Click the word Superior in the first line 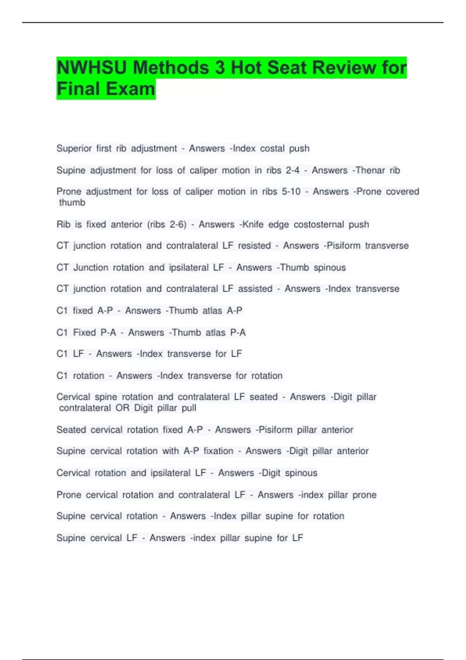click(74, 148)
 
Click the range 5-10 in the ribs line click(291, 191)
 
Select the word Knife click(251, 224)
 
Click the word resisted click(254, 246)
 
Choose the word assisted click(255, 289)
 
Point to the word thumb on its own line click(72, 202)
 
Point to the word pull click(189, 408)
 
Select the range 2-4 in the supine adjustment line click(291, 170)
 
